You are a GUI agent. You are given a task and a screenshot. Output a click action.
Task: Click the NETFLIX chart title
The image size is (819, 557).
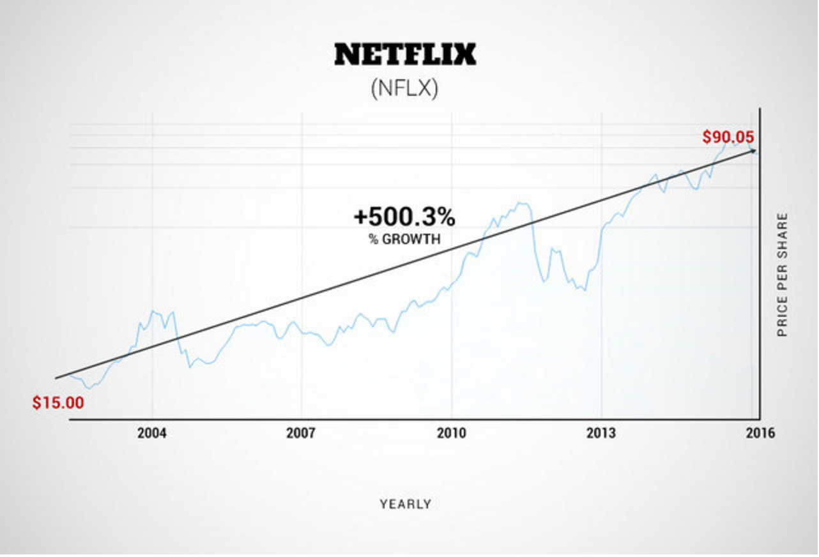[405, 55]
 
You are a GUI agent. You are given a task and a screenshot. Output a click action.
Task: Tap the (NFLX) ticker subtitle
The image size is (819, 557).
[404, 88]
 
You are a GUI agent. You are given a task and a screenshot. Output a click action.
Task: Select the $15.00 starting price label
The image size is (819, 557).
[58, 403]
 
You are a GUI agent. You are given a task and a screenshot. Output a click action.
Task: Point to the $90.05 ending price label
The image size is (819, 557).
[728, 137]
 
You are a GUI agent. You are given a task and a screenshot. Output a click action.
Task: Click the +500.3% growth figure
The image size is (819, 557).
[404, 217]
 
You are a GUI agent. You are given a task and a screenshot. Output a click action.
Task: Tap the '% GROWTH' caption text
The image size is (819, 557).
[404, 240]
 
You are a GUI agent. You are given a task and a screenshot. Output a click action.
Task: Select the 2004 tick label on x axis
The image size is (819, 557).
[151, 434]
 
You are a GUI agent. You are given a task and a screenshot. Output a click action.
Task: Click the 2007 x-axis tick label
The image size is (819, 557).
[301, 434]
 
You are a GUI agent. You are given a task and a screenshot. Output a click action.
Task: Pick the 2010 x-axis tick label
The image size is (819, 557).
[452, 434]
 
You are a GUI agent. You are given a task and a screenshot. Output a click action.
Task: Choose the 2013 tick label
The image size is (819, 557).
[601, 434]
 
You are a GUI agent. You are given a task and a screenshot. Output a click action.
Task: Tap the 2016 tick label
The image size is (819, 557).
[760, 434]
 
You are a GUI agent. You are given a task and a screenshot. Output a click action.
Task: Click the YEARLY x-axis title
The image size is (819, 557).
[406, 504]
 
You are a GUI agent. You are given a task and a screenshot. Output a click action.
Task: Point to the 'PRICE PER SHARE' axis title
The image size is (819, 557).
[783, 275]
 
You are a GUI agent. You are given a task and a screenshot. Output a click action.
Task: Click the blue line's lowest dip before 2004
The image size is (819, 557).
[90, 387]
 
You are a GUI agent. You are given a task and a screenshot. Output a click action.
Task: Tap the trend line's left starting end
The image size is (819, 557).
[56, 378]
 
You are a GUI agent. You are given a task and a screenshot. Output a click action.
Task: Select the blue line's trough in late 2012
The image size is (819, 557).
[584, 290]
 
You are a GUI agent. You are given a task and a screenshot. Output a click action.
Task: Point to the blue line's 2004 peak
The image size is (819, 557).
[153, 311]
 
